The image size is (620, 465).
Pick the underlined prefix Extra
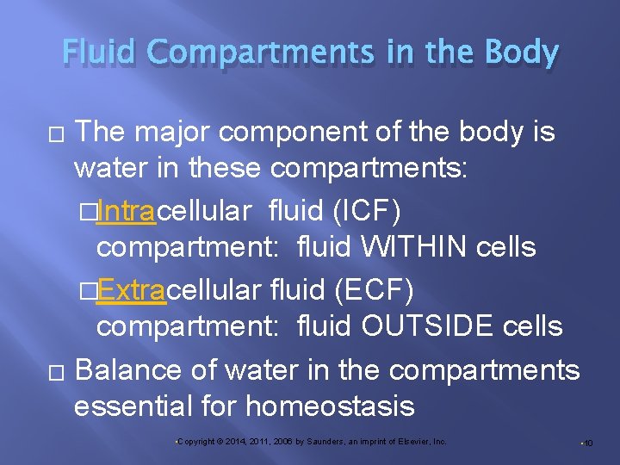click(x=130, y=290)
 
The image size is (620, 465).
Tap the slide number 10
click(x=588, y=443)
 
